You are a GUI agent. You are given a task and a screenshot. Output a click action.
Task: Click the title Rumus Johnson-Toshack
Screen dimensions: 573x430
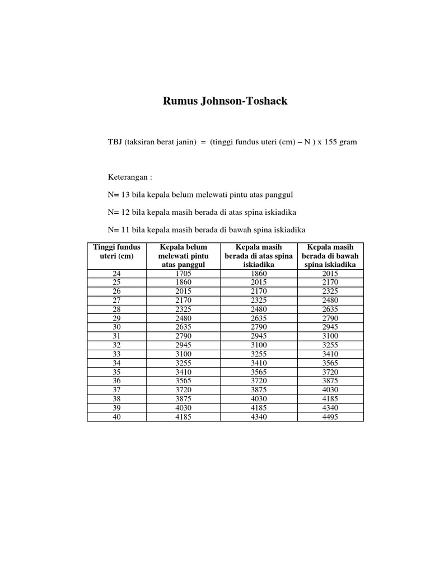point(225,101)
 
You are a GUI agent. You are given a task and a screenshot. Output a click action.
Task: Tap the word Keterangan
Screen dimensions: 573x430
point(129,177)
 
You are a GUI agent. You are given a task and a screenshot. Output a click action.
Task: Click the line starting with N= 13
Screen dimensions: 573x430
point(200,195)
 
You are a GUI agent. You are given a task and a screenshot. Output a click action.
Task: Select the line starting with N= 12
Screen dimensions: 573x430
point(202,213)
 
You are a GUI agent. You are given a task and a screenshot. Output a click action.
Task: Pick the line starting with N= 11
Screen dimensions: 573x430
point(206,231)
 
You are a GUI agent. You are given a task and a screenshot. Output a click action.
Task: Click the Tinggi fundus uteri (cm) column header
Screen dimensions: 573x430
point(116,251)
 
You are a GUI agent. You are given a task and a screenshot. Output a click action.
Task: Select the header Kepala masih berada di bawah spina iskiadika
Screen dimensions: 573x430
point(330,256)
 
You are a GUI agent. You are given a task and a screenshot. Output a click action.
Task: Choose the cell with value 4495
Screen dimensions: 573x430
point(330,417)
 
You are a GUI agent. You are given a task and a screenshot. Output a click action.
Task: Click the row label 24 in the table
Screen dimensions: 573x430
point(116,274)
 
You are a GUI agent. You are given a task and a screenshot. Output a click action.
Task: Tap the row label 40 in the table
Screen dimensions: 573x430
point(116,417)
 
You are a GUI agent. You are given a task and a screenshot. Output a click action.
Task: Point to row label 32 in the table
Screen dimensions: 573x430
point(116,345)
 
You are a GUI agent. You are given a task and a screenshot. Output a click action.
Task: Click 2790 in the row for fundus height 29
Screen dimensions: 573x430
point(330,318)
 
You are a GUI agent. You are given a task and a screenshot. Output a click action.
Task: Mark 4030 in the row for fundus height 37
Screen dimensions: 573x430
point(330,390)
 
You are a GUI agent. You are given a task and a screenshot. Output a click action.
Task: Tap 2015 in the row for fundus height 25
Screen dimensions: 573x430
point(259,283)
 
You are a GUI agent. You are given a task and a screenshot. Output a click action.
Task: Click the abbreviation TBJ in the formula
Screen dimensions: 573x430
point(115,142)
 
